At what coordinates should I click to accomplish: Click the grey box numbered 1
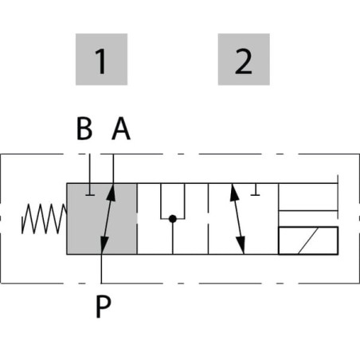[x=101, y=59]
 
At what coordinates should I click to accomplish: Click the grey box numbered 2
[x=244, y=59]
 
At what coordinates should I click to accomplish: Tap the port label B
[x=84, y=128]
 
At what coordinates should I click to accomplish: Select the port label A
[x=121, y=128]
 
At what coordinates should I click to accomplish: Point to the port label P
[x=104, y=307]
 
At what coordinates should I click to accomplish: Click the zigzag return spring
[x=44, y=219]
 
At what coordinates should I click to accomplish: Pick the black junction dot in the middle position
[x=173, y=219]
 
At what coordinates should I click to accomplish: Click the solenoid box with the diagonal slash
[x=308, y=241]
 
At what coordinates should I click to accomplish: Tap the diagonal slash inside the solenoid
[x=308, y=241]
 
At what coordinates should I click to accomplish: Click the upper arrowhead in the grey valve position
[x=112, y=192]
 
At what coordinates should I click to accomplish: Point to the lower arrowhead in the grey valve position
[x=104, y=245]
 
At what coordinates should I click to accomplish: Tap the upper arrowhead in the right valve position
[x=233, y=192]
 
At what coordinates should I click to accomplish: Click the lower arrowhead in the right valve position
[x=241, y=245]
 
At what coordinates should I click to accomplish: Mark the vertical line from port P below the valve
[x=101, y=268]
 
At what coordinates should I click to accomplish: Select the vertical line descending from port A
[x=113, y=169]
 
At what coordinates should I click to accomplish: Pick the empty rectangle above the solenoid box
[x=308, y=197]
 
